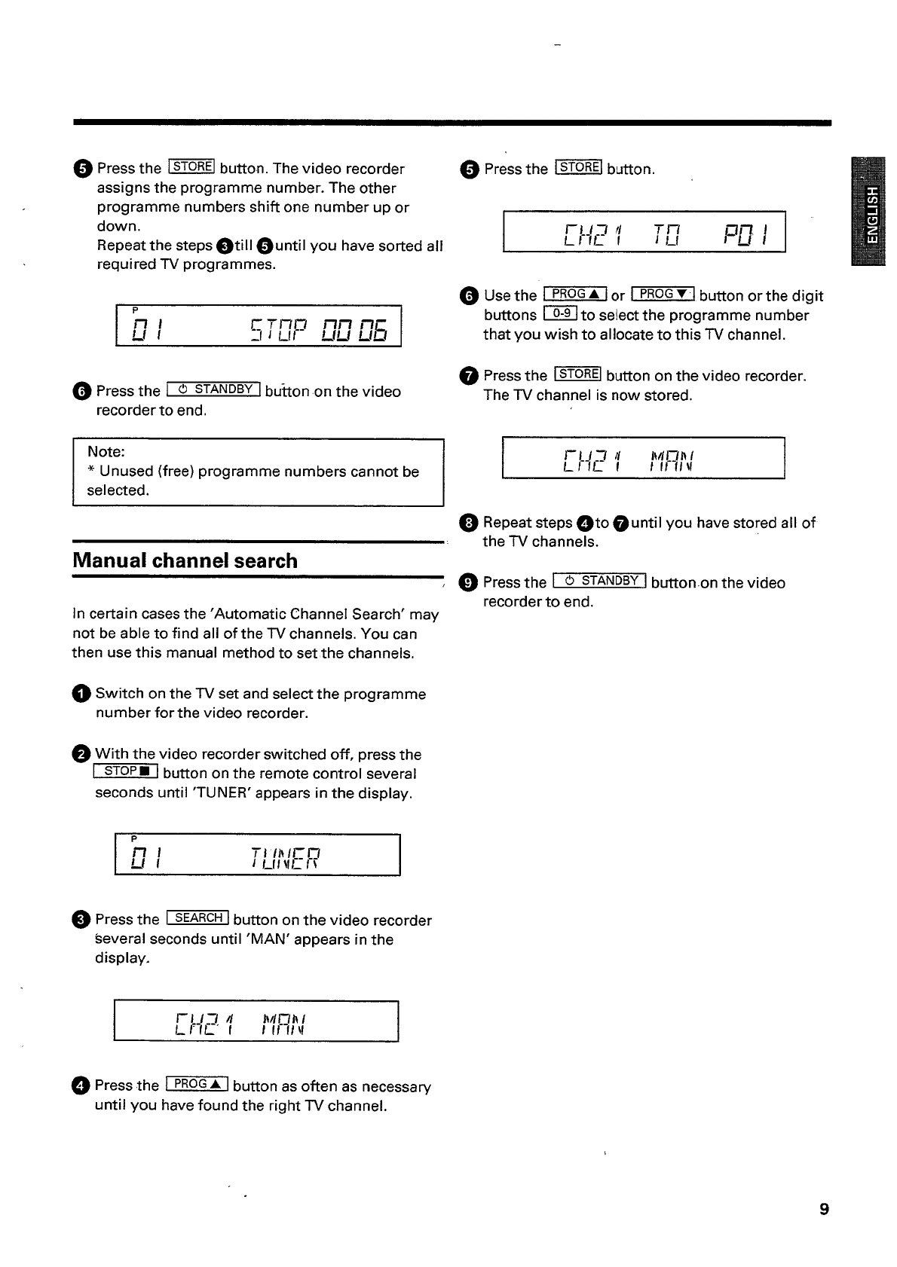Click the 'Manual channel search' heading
click(x=185, y=561)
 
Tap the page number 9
click(x=824, y=1210)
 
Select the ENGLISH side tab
click(x=868, y=212)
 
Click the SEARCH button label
click(x=197, y=918)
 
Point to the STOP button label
click(x=126, y=771)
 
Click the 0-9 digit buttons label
click(x=560, y=314)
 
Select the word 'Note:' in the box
click(x=106, y=452)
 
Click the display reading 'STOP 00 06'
click(x=258, y=326)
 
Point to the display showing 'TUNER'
click(x=257, y=855)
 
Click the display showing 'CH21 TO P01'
click(x=644, y=232)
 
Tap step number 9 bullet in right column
click(x=468, y=582)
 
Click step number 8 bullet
click(x=468, y=523)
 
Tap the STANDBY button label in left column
click(x=213, y=389)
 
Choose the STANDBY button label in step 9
click(x=600, y=581)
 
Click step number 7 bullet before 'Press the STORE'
click(x=468, y=376)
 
